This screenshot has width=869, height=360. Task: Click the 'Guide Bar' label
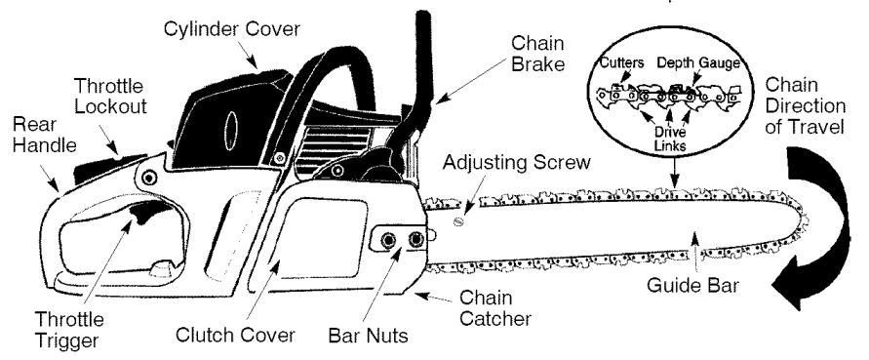[692, 288]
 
